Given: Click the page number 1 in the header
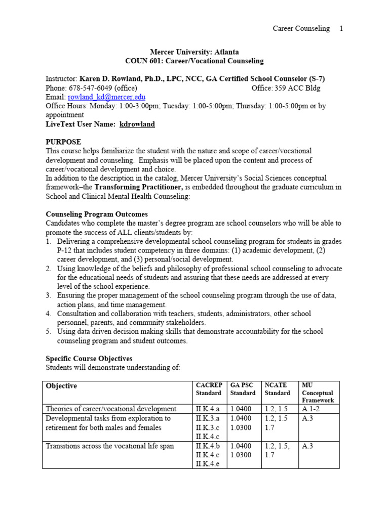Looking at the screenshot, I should pyautogui.click(x=341, y=28).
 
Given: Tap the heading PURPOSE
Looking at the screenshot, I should pyautogui.click(x=63, y=142).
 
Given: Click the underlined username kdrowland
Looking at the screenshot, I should pyautogui.click(x=137, y=124).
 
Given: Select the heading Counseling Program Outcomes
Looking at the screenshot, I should pyautogui.click(x=97, y=214).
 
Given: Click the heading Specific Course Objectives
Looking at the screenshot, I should pyautogui.click(x=89, y=358).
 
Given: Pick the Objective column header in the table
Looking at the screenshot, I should pyautogui.click(x=61, y=385).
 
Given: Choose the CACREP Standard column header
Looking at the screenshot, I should pyautogui.click(x=209, y=389).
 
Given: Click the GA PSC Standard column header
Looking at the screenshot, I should pyautogui.click(x=243, y=389).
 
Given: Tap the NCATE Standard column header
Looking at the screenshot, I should pyautogui.click(x=278, y=389).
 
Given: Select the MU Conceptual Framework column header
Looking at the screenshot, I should pyautogui.click(x=318, y=393).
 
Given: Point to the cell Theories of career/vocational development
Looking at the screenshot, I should pyautogui.click(x=111, y=409).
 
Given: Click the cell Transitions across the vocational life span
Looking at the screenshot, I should pyautogui.click(x=109, y=446).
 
